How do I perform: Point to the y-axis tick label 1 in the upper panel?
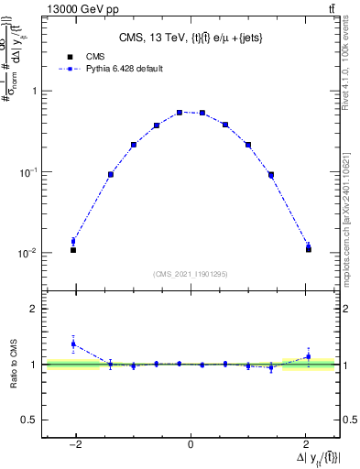[x=34, y=91]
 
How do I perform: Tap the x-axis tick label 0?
[x=191, y=444]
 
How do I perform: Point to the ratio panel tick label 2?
[x=34, y=310]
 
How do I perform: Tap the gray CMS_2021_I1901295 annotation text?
[x=191, y=274]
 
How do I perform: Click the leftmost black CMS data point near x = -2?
[x=73, y=250]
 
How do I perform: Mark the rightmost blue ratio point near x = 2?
[x=308, y=356]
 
